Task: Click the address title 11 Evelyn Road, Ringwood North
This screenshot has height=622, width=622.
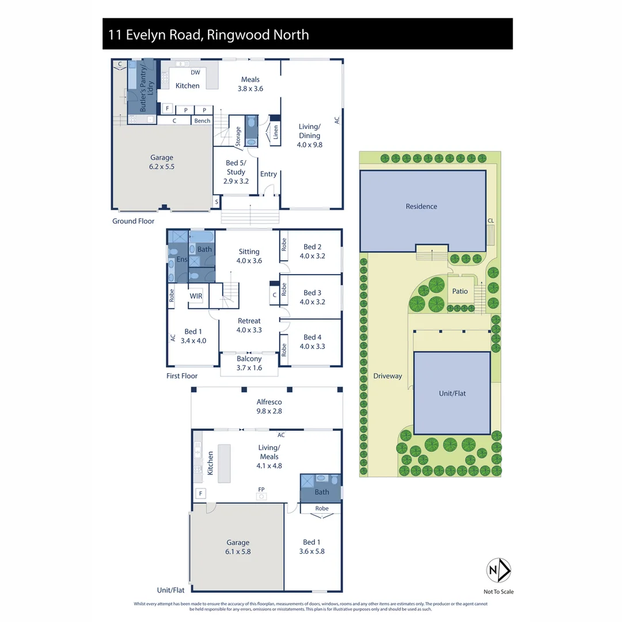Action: (208, 35)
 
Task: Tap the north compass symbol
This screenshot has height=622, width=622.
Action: (499, 571)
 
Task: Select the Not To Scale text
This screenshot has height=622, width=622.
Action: (499, 591)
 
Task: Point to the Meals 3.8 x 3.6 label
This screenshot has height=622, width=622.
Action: (250, 84)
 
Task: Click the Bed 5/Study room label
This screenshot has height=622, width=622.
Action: (236, 172)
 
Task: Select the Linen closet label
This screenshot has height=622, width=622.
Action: (275, 132)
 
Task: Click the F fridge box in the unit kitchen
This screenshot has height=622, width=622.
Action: (200, 494)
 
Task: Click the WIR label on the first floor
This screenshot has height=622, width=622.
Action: (196, 295)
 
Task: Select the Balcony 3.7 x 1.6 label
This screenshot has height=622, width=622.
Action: (249, 362)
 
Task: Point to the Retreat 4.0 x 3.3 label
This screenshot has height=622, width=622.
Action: (249, 325)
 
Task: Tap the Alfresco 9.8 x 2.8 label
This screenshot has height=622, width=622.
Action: (269, 407)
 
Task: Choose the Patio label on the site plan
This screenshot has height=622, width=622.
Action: (460, 291)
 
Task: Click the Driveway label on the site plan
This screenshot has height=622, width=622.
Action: (387, 376)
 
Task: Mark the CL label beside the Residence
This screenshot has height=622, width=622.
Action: (490, 221)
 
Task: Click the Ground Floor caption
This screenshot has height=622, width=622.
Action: (133, 221)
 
